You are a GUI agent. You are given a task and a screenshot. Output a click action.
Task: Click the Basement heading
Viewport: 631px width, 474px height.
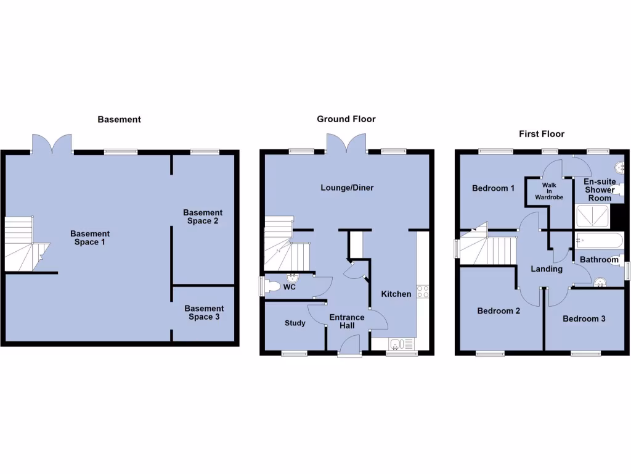pos(119,119)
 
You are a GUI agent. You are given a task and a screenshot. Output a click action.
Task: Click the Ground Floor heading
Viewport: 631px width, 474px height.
pos(346,119)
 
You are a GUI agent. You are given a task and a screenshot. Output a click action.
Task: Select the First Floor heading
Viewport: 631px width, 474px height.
pos(541,133)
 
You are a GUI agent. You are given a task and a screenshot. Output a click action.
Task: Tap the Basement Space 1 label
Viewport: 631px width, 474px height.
pos(90,238)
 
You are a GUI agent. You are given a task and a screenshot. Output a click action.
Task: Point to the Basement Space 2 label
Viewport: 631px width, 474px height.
pos(203,217)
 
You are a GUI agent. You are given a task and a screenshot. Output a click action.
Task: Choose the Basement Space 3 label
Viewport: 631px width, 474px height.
pos(204,312)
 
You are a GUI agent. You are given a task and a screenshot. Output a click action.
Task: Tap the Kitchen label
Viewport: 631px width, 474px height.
pos(396,294)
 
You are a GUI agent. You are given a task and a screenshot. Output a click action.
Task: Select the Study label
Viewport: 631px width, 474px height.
pos(295,323)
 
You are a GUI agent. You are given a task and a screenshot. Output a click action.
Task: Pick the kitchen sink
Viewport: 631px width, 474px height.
pos(397,344)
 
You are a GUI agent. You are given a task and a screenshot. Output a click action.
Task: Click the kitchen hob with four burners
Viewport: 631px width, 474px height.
pos(423,291)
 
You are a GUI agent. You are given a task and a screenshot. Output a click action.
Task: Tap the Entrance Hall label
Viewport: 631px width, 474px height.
pos(347,322)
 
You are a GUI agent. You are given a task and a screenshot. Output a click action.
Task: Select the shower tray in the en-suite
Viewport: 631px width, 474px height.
pos(592,216)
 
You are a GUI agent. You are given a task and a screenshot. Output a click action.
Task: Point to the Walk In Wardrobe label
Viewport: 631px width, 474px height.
pos(549,191)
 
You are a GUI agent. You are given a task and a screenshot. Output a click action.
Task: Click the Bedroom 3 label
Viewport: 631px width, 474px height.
pos(584,319)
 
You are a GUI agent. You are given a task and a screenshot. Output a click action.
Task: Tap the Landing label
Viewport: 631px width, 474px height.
pos(547,269)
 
